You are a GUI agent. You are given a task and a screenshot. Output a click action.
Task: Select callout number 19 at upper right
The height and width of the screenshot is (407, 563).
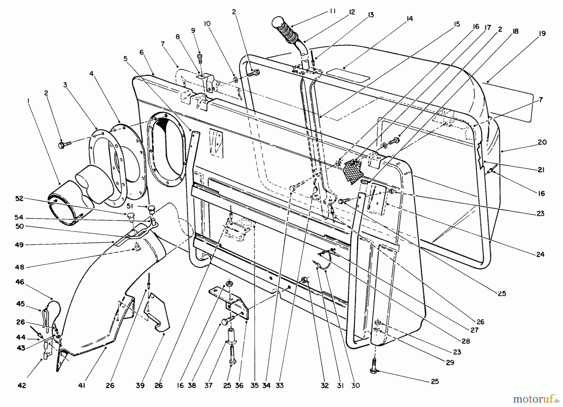click(x=542, y=33)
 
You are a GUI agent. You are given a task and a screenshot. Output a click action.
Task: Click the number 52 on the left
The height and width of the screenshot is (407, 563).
click(x=19, y=199)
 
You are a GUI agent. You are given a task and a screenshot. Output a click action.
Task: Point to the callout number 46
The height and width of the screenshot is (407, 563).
click(x=20, y=282)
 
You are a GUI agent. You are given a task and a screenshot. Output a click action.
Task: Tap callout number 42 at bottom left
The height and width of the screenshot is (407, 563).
click(x=22, y=385)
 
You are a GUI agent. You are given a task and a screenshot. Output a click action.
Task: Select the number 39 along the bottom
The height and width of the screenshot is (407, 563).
click(x=140, y=385)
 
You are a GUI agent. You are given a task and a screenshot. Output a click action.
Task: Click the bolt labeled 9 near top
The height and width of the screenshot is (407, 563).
click(x=200, y=57)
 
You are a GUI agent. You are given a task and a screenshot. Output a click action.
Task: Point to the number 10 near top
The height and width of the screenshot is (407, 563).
click(x=207, y=24)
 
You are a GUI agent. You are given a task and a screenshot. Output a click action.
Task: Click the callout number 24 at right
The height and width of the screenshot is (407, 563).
click(x=540, y=254)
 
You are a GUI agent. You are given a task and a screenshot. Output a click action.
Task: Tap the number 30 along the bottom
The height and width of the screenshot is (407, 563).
click(x=355, y=385)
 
